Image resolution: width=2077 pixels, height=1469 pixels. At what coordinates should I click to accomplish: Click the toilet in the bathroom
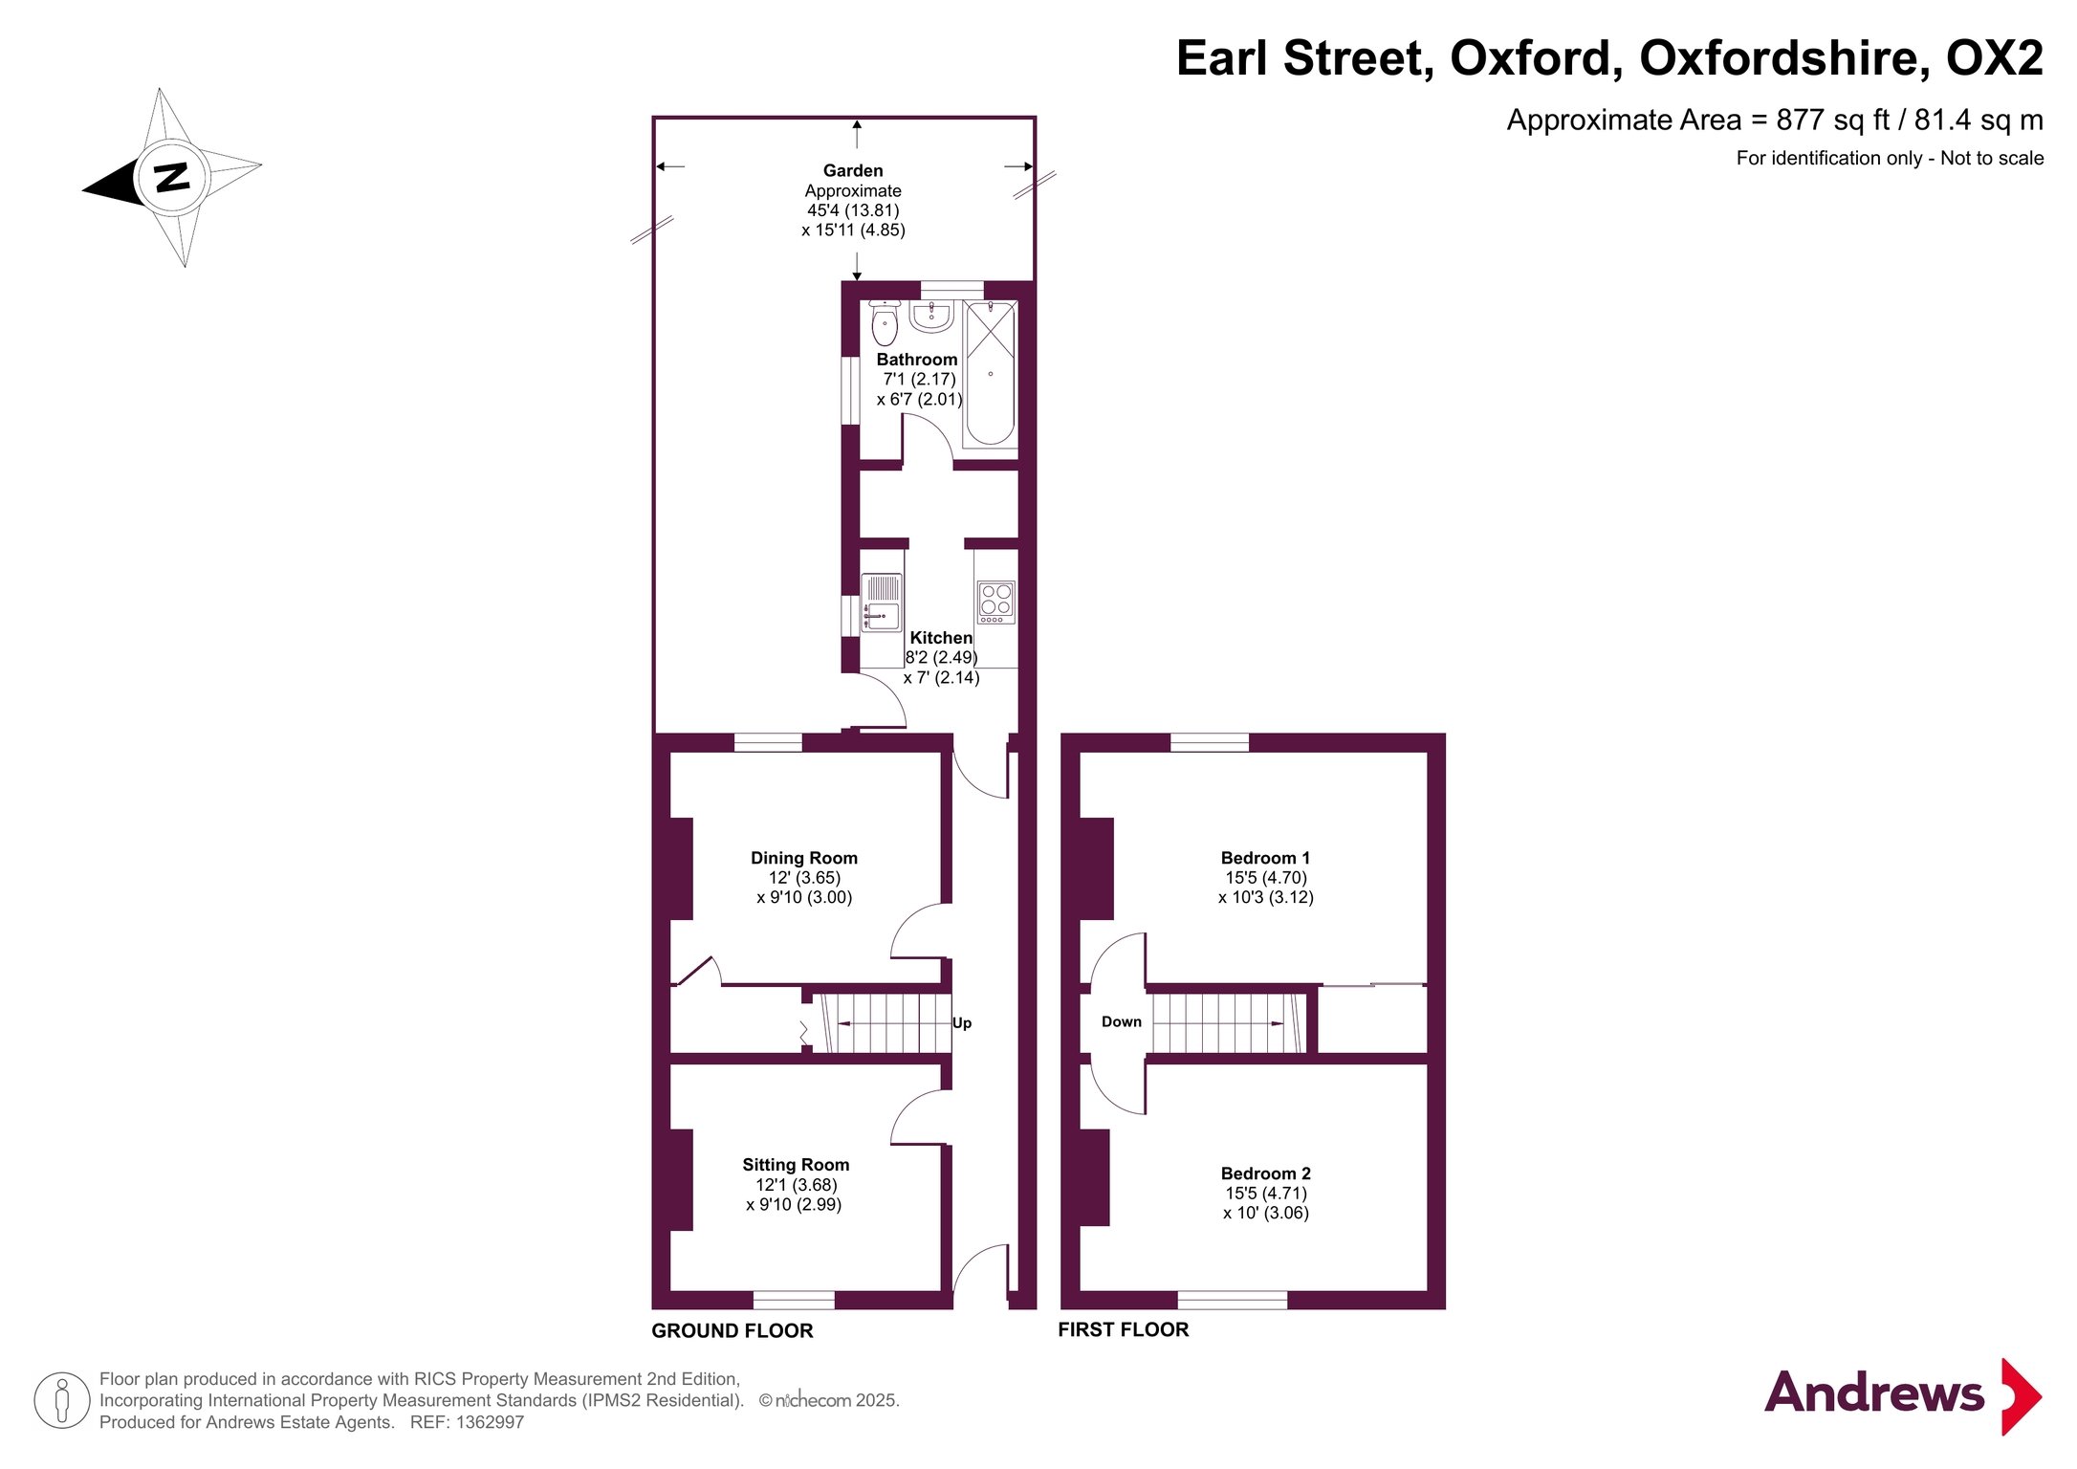885,323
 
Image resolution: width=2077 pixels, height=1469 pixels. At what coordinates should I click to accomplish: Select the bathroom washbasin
930,317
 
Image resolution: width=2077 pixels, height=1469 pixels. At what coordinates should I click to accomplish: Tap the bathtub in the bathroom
990,374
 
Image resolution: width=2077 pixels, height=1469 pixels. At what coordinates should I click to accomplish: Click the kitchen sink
881,603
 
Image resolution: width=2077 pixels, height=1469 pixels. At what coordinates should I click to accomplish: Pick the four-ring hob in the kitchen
995,603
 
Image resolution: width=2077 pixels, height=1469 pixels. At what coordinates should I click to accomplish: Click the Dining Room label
803,858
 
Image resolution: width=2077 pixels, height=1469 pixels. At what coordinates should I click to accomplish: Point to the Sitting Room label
796,1165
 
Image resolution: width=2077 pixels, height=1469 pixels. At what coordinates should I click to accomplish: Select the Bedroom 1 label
1265,858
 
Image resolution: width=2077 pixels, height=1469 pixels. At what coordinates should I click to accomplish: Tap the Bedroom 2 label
1265,1173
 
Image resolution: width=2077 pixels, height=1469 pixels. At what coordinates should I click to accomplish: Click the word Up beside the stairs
962,1023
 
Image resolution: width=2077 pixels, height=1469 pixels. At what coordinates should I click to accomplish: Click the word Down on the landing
1122,1021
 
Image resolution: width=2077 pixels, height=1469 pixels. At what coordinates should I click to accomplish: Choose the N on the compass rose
172,178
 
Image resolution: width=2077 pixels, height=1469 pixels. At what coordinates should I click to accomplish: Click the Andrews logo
1903,1395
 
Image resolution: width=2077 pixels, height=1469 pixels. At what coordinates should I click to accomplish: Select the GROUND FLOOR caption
732,1330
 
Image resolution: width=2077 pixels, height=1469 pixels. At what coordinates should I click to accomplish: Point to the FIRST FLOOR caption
1124,1329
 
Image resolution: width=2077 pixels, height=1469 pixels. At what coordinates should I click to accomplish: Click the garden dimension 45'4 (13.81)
853,210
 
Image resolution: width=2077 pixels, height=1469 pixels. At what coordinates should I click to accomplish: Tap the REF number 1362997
490,1422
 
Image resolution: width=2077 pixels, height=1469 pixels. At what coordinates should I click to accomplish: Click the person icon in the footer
62,1400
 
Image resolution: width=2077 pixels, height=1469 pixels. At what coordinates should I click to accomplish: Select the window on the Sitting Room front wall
794,1300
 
